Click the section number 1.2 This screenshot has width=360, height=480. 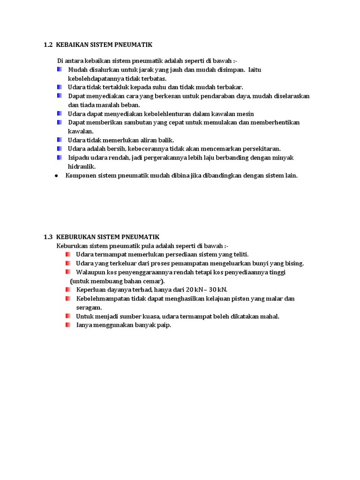(x=48, y=45)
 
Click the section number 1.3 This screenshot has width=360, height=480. (x=48, y=237)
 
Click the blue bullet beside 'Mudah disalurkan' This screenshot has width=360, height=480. (x=60, y=69)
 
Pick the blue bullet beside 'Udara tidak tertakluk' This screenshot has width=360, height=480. (x=60, y=87)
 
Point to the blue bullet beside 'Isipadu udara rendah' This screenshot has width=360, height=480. (x=60, y=157)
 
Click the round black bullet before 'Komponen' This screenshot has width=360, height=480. (x=56, y=176)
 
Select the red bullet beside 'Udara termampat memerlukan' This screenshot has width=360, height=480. (x=68, y=254)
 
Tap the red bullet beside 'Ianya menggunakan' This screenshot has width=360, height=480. (x=68, y=325)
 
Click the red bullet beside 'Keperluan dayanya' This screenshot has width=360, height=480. (x=68, y=290)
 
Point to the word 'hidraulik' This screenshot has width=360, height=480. (x=82, y=166)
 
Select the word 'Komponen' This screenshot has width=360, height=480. (x=81, y=176)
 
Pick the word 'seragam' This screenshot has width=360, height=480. (x=89, y=307)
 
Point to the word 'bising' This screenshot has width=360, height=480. (x=294, y=263)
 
